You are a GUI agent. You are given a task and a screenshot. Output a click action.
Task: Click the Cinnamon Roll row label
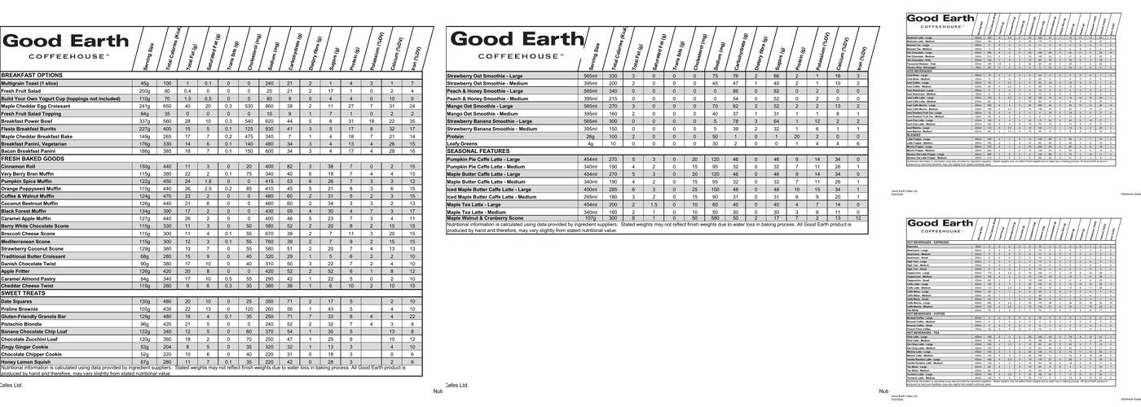(x=19, y=166)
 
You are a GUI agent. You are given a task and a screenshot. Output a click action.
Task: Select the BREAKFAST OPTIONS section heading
(x=32, y=75)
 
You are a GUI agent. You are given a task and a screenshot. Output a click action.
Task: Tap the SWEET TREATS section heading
(x=24, y=293)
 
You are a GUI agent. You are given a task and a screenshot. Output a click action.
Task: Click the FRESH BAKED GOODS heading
(x=35, y=158)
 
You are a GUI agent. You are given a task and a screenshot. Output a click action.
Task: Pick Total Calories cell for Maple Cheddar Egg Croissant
(x=167, y=106)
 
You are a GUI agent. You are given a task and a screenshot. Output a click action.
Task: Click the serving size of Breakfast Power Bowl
(x=144, y=120)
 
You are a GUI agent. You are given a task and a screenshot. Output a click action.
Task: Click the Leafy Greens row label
(x=462, y=143)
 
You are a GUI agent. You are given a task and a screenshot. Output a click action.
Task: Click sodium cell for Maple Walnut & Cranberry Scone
(x=715, y=218)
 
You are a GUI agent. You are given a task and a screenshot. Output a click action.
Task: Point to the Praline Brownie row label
(x=20, y=309)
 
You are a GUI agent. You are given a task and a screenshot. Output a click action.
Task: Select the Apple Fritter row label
(x=18, y=271)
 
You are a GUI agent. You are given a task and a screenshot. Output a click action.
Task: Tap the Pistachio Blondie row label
(x=22, y=324)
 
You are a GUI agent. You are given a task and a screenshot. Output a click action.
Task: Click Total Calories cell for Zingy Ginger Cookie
(x=167, y=347)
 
